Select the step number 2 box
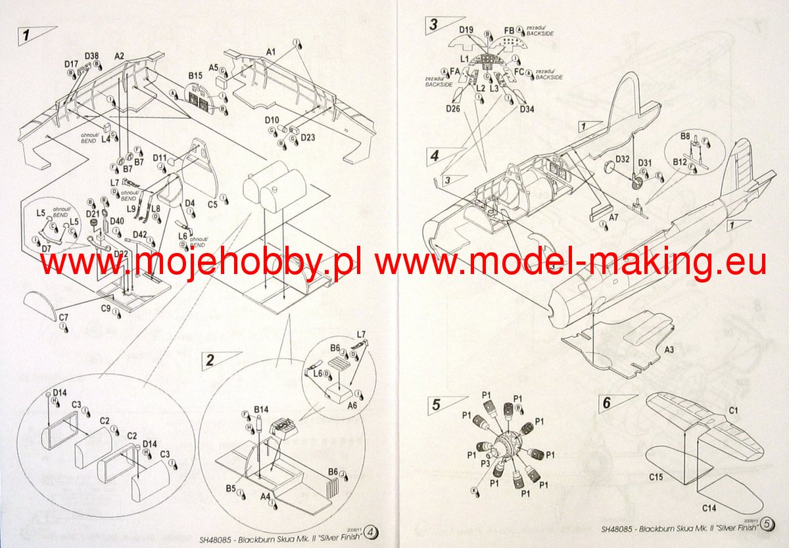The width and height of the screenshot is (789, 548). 210,359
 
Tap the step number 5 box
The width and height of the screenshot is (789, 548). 436,405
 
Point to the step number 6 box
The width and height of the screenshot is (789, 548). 607,403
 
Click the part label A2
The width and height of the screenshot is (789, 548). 119,57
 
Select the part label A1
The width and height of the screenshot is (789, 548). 271,51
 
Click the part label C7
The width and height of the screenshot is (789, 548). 63,318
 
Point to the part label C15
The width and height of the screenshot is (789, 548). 656,477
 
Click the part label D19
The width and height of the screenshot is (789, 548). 466,30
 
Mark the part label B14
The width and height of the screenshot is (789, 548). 261,409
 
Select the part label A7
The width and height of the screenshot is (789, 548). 613,216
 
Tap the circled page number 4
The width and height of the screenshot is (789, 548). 371,530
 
